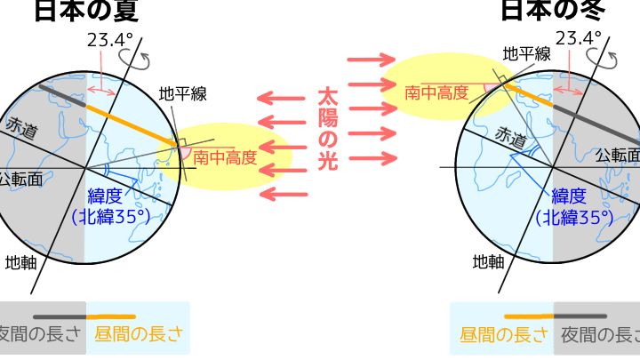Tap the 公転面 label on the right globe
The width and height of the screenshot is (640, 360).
(617, 153)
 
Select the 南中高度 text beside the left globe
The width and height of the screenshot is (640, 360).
(225, 159)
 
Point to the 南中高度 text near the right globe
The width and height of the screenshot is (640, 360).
(436, 92)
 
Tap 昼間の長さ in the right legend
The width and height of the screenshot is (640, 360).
(501, 336)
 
